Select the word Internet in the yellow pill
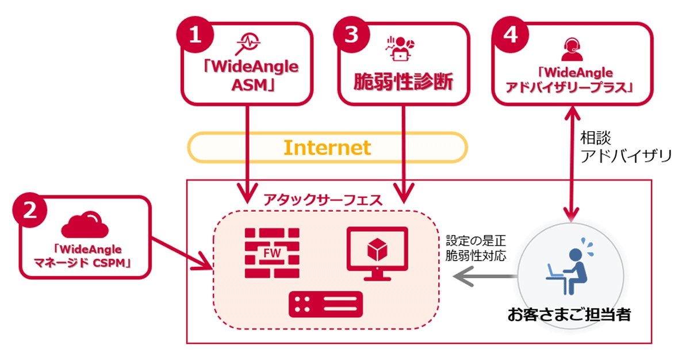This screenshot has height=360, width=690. click(x=327, y=148)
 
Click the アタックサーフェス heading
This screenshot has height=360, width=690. click(x=322, y=200)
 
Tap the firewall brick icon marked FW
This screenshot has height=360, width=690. click(x=273, y=251)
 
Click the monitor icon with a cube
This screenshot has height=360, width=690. click(x=377, y=252)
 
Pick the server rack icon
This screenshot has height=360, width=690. click(x=326, y=304)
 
